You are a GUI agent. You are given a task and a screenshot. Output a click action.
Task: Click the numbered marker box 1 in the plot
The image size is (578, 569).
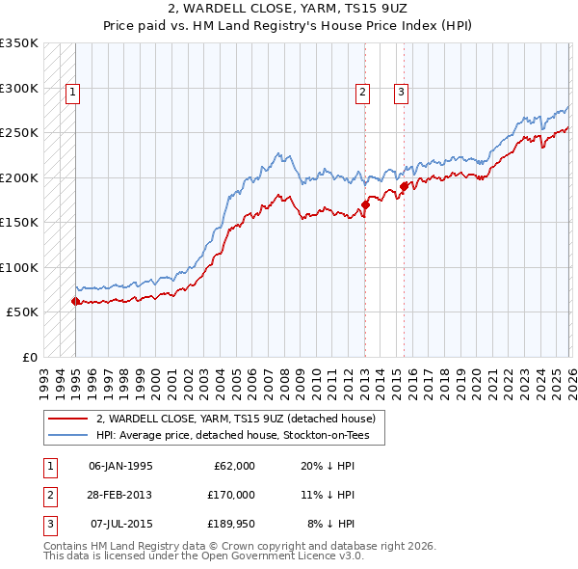tap(73, 93)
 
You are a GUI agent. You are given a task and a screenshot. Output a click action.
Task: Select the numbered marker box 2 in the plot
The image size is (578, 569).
tap(362, 93)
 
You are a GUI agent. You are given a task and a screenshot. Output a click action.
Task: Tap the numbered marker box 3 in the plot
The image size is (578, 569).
tap(401, 93)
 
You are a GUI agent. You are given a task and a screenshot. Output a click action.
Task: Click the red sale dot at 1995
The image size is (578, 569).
tap(75, 301)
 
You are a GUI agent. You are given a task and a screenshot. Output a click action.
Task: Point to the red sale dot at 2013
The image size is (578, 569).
tap(366, 204)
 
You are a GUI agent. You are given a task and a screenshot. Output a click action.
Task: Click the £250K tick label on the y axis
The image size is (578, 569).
tap(19, 132)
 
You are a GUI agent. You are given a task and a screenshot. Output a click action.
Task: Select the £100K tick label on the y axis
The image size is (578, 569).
tap(19, 267)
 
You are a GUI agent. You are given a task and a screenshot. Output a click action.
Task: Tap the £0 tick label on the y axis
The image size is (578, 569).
tap(29, 357)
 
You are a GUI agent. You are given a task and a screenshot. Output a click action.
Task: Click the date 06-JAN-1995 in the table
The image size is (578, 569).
tap(120, 465)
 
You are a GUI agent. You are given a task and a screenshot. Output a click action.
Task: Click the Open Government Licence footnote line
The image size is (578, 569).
tap(203, 555)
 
